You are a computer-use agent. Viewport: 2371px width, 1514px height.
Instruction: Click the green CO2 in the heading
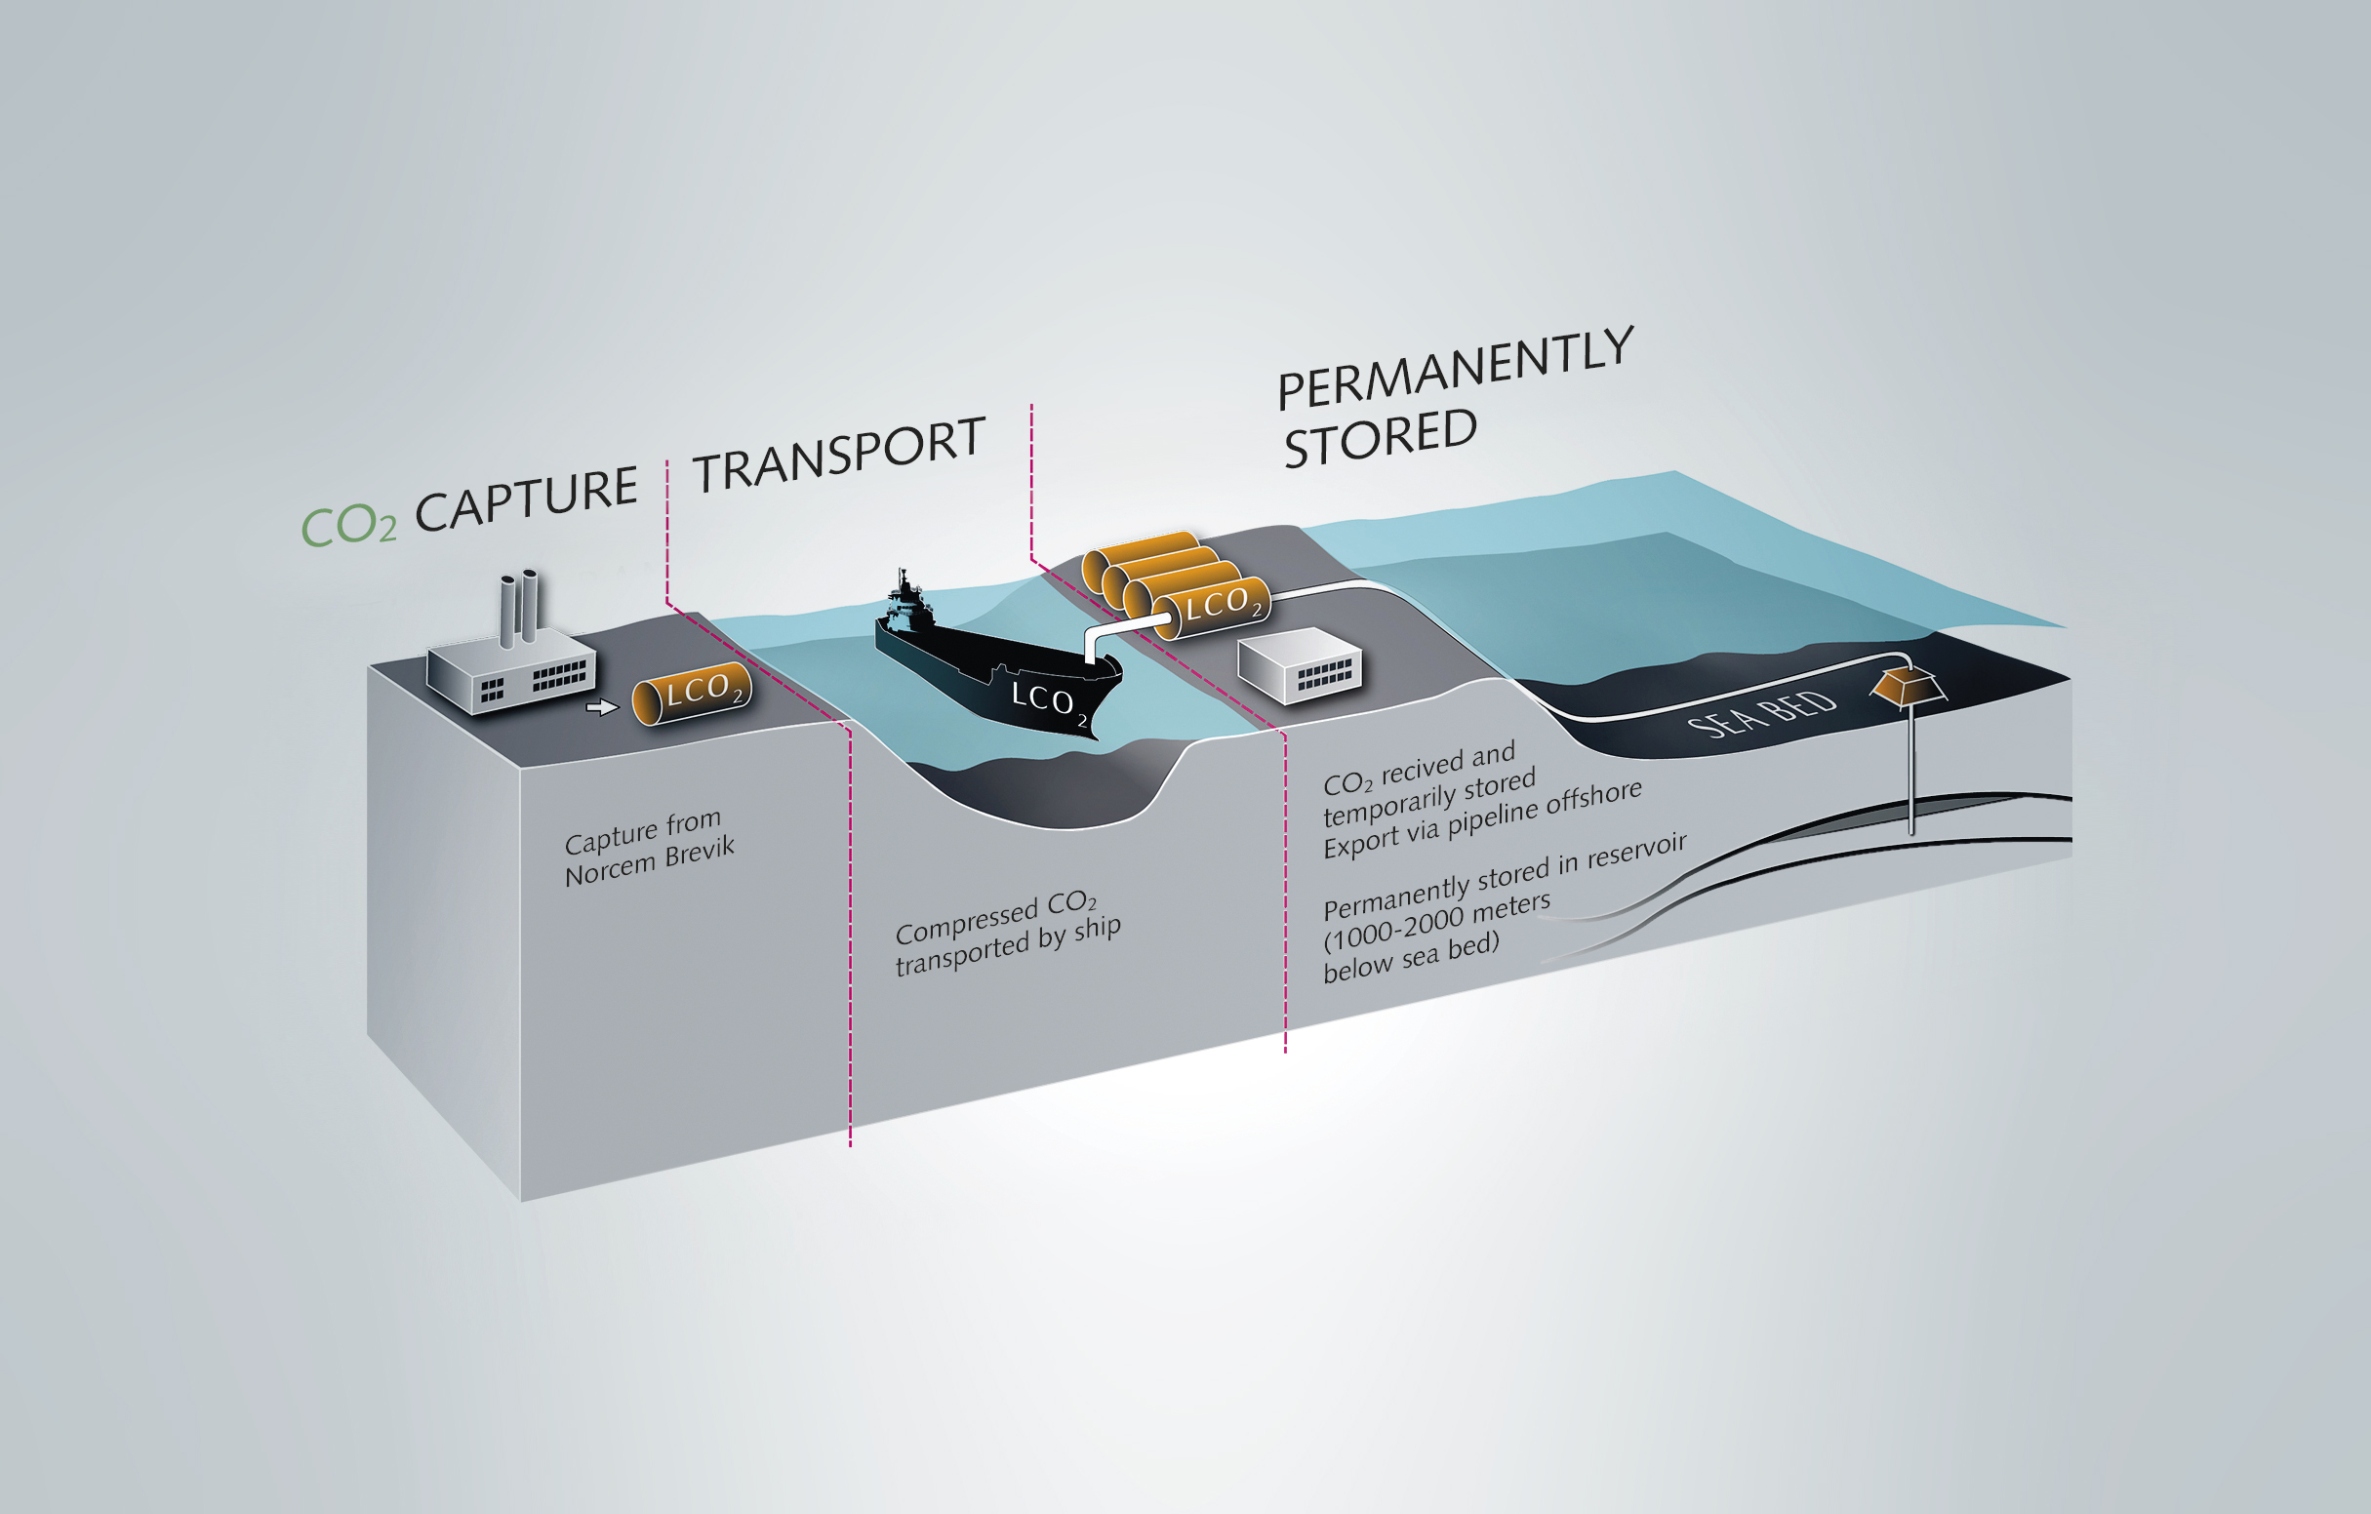[348, 525]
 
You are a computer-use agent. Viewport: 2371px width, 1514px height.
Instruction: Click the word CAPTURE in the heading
[527, 499]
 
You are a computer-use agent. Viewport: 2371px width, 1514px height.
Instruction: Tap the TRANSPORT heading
[839, 454]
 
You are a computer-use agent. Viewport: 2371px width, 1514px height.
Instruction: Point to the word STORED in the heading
[1381, 438]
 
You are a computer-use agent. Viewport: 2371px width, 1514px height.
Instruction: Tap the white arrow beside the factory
[602, 707]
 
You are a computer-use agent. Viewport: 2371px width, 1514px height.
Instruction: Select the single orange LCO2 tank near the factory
[691, 693]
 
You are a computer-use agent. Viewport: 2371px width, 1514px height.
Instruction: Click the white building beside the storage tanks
[1300, 664]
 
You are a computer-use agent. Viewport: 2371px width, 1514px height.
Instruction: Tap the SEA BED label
[1761, 713]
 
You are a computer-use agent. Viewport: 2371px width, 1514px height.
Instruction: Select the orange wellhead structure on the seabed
[1909, 685]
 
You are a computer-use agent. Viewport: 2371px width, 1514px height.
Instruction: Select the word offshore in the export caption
[1593, 800]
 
